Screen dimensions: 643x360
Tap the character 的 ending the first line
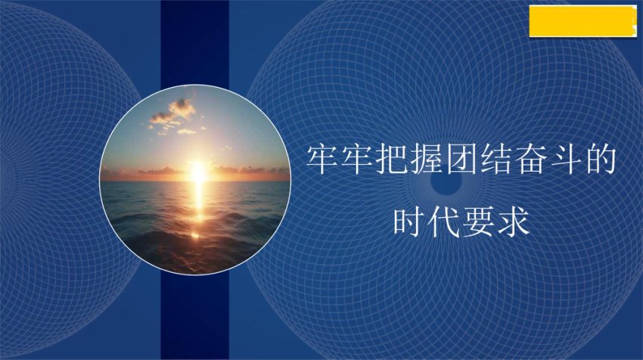600,159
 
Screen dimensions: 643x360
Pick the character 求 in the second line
514,222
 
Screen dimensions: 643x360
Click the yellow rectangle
583,21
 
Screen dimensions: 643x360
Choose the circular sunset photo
195,179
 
